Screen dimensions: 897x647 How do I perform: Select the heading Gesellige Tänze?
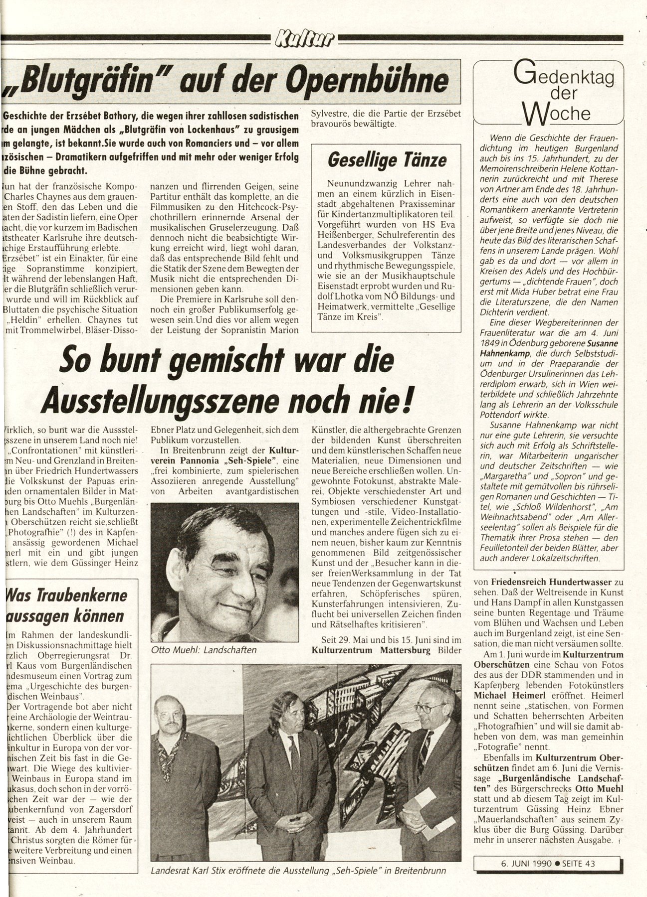point(387,160)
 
